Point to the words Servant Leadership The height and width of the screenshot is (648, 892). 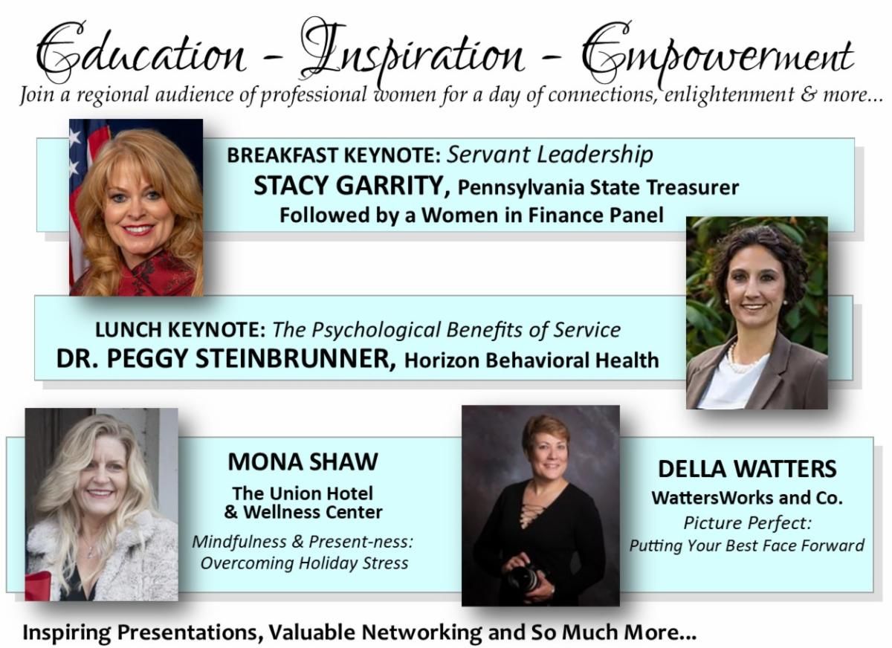(x=551, y=155)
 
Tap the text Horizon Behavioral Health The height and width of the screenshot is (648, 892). (x=531, y=361)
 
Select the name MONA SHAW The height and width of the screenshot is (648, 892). (x=303, y=461)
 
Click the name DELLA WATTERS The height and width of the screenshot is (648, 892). (x=747, y=469)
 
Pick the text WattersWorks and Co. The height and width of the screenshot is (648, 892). (x=747, y=497)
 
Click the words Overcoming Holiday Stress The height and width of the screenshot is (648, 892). (x=304, y=563)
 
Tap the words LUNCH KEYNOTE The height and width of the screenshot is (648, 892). (x=181, y=329)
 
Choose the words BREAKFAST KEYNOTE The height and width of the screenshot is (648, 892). (x=334, y=155)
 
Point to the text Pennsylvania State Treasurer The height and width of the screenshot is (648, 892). (x=598, y=187)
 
